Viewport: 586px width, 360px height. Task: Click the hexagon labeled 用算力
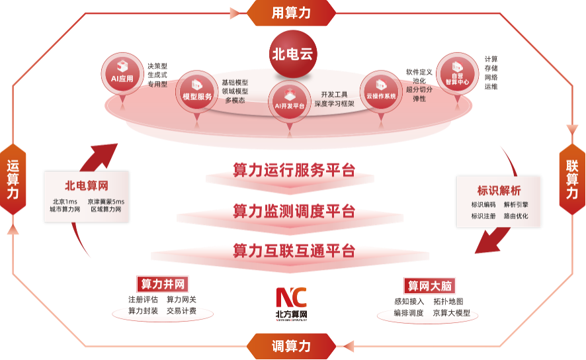[x=291, y=13]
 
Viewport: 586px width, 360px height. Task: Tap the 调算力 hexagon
[x=291, y=346]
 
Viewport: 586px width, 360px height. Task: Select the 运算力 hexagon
[x=13, y=179]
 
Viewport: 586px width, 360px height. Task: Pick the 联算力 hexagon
[x=572, y=179]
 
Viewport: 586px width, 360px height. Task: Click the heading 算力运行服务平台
[x=294, y=170]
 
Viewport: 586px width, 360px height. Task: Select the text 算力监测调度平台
[x=294, y=211]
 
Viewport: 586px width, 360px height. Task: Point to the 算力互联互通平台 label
[x=294, y=250]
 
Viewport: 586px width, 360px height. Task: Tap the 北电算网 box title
[x=86, y=185]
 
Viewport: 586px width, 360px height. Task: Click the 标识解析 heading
[x=499, y=189]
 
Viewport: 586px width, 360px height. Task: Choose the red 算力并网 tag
[x=162, y=285]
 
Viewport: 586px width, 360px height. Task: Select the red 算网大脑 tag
[x=429, y=286]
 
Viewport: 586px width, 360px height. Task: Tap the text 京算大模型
[x=452, y=313]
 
